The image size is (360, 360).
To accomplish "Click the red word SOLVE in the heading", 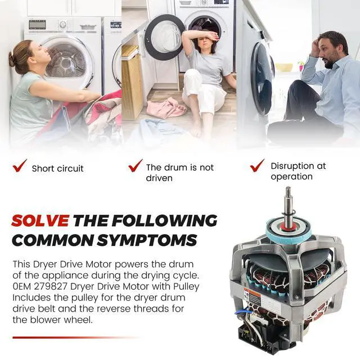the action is click(x=40, y=220).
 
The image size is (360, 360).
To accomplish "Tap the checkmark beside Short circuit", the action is click(x=20, y=166).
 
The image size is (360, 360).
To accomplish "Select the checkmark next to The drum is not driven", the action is click(x=135, y=165).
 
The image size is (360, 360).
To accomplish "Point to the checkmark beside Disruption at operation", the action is click(x=257, y=165).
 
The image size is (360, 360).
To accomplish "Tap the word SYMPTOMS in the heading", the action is click(x=146, y=240).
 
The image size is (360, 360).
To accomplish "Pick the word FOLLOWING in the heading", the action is click(x=164, y=220).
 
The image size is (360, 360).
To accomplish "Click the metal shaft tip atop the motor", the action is click(x=288, y=190).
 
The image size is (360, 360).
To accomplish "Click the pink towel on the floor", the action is click(x=166, y=108).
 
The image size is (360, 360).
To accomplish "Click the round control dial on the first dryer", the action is click(x=63, y=24).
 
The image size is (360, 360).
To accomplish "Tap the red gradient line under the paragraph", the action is click(x=76, y=337).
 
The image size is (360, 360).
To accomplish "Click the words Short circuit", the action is click(x=57, y=169).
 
